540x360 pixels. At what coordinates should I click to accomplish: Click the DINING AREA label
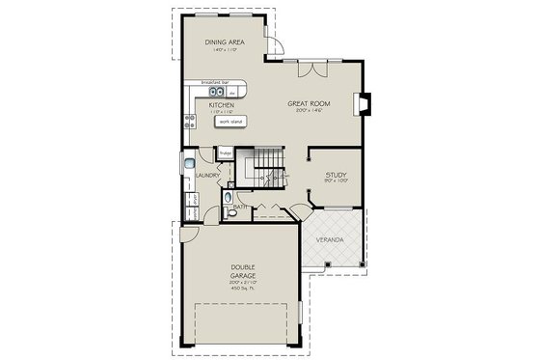click(x=223, y=42)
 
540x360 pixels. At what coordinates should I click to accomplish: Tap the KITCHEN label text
click(x=223, y=105)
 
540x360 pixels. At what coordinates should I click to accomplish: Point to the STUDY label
click(x=335, y=176)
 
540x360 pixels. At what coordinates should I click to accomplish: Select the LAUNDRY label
click(x=205, y=176)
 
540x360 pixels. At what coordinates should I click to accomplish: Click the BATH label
click(x=237, y=208)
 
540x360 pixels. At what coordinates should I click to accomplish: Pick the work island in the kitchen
click(x=230, y=122)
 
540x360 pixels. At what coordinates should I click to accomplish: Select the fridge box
click(x=226, y=152)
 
